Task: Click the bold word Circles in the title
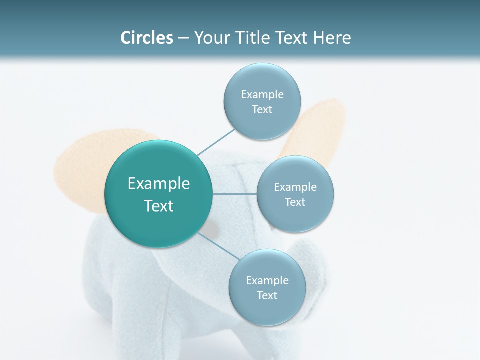tap(146, 38)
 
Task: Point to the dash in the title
tap(183, 38)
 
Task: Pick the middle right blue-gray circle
tap(295, 220)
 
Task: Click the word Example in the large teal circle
tap(159, 184)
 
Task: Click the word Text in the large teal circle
tap(159, 206)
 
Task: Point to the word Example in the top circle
tap(262, 95)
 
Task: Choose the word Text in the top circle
tap(262, 110)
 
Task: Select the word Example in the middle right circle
tap(295, 187)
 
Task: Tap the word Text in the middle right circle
tap(295, 202)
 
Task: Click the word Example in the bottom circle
tap(267, 281)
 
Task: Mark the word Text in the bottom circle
tap(267, 296)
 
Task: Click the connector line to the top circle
tap(216, 141)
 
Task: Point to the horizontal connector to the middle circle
tap(234, 194)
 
